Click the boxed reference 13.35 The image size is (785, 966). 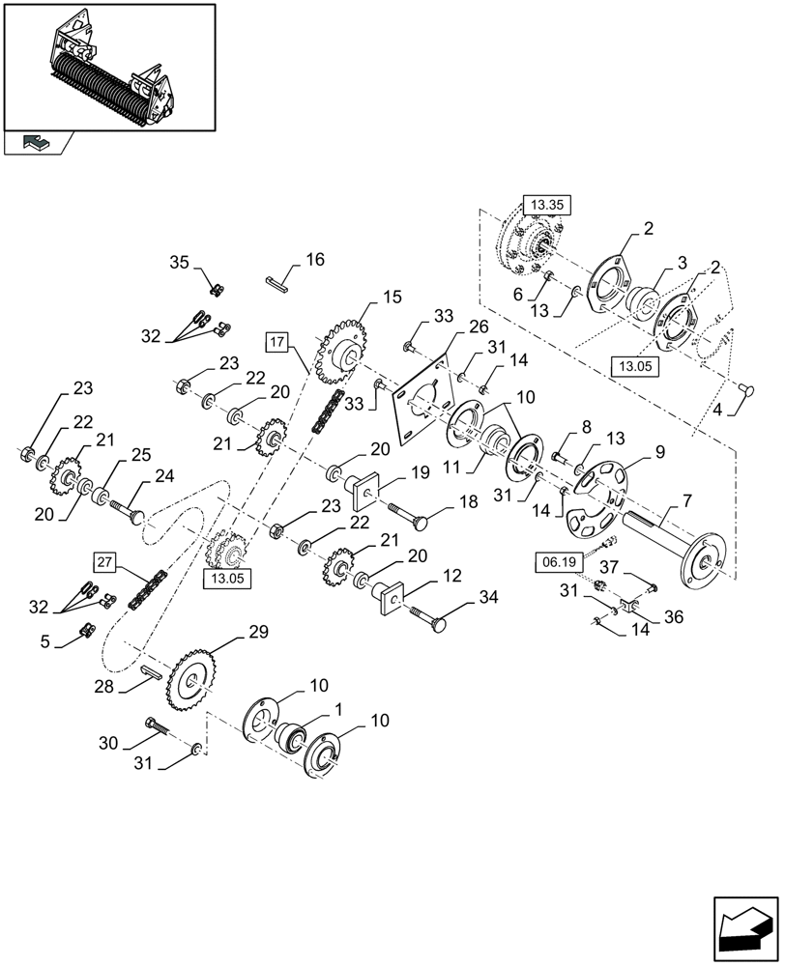[548, 204]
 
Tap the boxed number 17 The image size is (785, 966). [276, 341]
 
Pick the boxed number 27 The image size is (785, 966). [105, 561]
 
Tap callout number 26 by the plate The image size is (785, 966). [478, 327]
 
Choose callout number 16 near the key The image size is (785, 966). [315, 260]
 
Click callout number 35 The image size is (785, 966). [180, 262]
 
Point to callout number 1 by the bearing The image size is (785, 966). [339, 708]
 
